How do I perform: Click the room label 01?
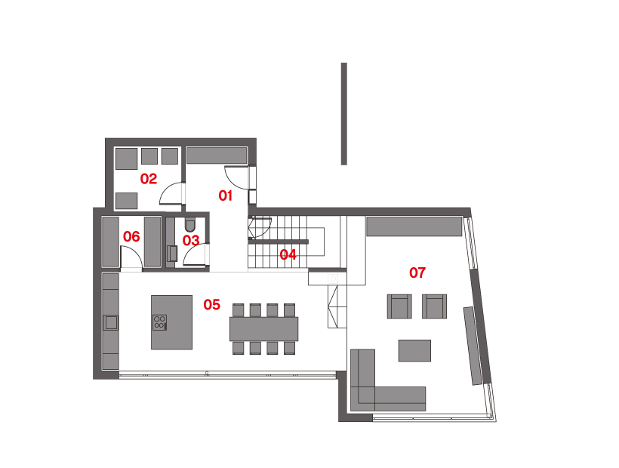tap(224, 196)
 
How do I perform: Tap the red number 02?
tap(148, 179)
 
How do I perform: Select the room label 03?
tap(191, 241)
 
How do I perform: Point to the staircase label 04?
tap(288, 254)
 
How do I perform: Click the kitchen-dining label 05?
tap(211, 305)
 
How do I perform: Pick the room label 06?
tap(131, 237)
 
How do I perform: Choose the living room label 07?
tap(417, 272)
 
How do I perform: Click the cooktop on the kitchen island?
tap(159, 322)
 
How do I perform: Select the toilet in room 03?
tap(189, 224)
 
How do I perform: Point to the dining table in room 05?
tap(263, 328)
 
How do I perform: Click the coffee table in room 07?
tap(414, 350)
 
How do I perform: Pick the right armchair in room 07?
tap(434, 306)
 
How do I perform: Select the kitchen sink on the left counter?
tap(111, 323)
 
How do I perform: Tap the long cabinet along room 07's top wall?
tap(414, 226)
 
